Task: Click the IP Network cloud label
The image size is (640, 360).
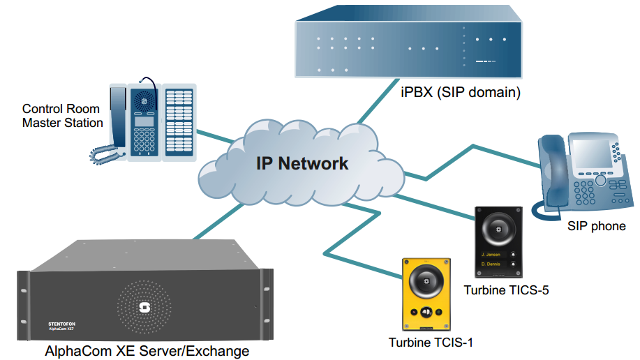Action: click(x=302, y=164)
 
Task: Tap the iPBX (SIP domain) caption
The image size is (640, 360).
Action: click(x=461, y=91)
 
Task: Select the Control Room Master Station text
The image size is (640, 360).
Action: click(x=61, y=116)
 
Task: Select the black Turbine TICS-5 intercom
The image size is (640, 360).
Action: click(x=498, y=241)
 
